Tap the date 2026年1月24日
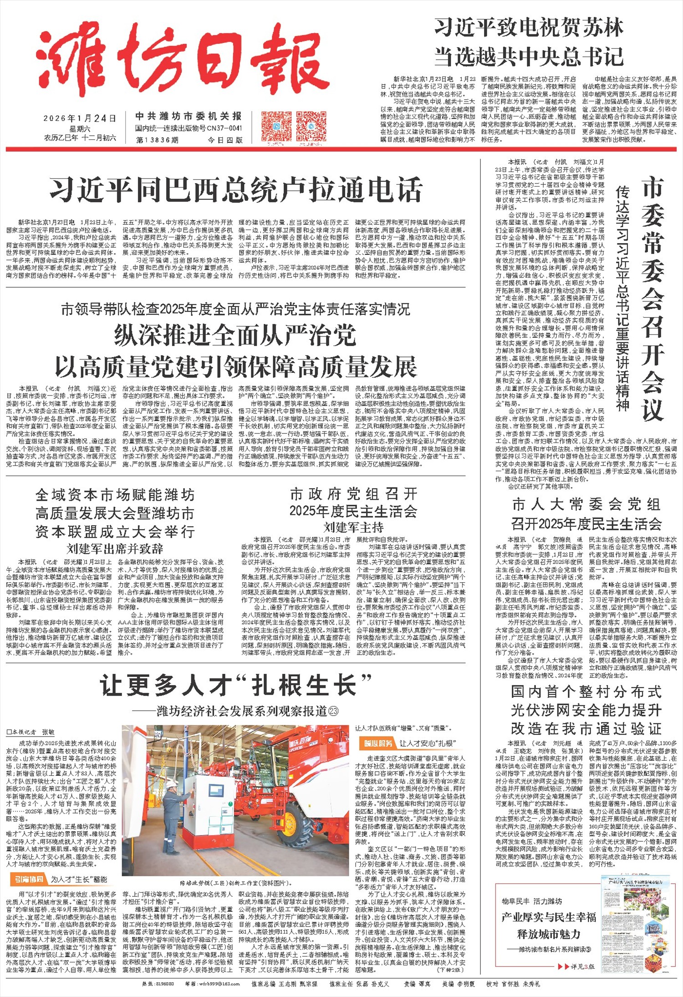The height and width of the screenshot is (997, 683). point(80,118)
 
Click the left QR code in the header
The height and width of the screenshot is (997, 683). point(276,126)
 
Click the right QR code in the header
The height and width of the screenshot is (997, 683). point(311,126)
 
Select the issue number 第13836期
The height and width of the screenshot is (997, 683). point(157,140)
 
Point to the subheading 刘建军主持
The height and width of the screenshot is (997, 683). point(353,528)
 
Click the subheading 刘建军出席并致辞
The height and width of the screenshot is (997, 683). point(115,548)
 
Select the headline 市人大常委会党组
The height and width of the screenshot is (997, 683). point(586,504)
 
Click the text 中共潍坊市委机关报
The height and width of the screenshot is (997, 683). point(188,117)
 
